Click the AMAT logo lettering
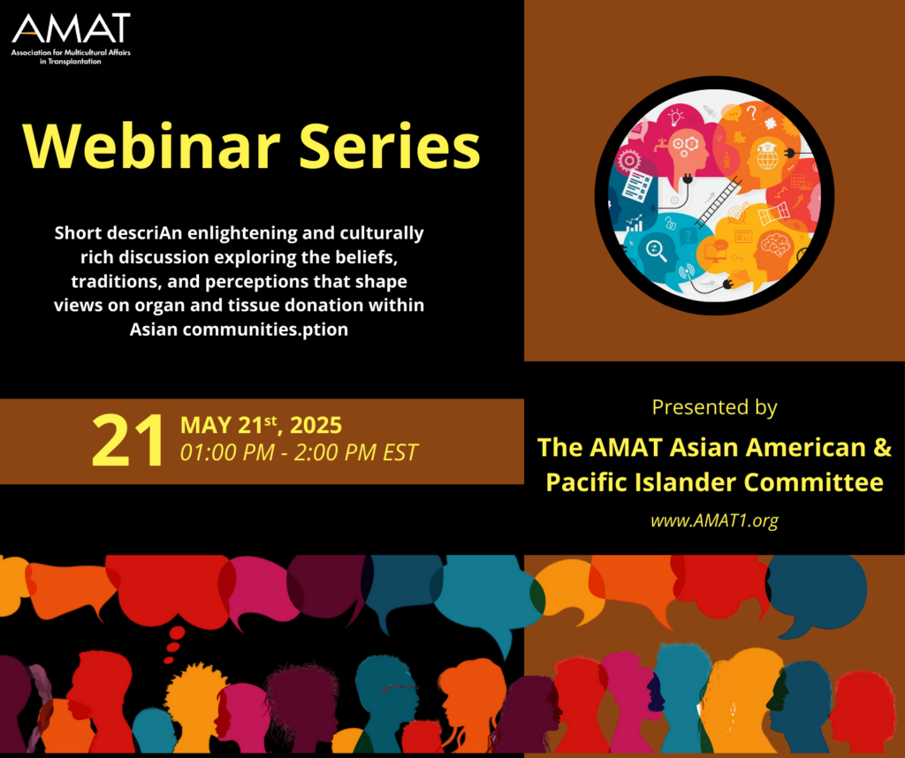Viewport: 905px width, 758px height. pos(71,28)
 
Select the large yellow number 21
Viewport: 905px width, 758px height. pos(127,440)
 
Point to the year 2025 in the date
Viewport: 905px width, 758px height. pos(316,426)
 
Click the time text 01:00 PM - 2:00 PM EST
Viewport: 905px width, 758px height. pos(299,452)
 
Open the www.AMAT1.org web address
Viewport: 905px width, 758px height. pos(714,520)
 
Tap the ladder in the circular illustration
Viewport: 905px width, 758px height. pos(718,202)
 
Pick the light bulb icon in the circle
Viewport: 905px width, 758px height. pos(675,117)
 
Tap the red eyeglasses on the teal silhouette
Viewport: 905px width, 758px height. pos(399,687)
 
